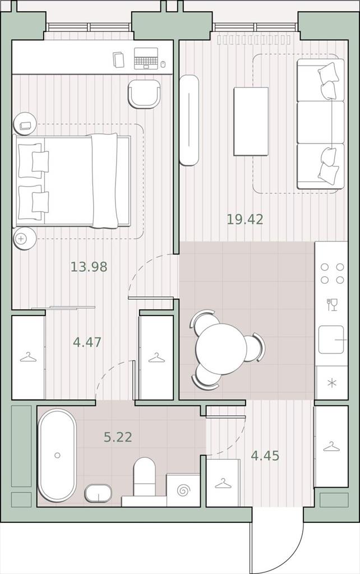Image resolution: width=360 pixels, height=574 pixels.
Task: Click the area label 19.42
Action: coord(245,219)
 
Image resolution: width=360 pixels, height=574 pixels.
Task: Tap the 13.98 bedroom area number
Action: coord(89,267)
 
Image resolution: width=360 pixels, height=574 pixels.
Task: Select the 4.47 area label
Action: coord(87,342)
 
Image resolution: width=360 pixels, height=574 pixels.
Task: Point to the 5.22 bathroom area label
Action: coord(118,437)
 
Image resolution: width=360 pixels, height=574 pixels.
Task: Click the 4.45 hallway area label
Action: coord(265,456)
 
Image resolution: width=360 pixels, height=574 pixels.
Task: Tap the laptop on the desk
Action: coord(146,58)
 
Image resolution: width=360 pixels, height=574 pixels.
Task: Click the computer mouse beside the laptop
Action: coord(163,64)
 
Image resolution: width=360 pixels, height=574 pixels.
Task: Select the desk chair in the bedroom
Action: coord(144,94)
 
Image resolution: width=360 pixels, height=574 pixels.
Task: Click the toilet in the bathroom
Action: coord(145,476)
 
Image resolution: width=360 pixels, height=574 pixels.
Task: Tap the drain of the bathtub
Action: coord(57,455)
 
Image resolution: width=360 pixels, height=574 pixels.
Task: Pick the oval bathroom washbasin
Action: coord(98,493)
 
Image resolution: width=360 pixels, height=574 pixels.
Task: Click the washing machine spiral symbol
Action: coord(183,490)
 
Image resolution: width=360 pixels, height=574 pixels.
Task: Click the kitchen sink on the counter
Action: coord(331,340)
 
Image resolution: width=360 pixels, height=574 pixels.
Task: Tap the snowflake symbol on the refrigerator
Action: coord(331,383)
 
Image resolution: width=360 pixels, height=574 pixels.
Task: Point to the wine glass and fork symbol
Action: coord(332,304)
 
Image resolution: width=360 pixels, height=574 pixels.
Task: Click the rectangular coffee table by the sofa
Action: coord(251,121)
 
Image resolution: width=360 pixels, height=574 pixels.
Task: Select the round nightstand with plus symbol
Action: coord(25,239)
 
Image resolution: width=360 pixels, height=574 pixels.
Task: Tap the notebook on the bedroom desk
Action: coord(118,59)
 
